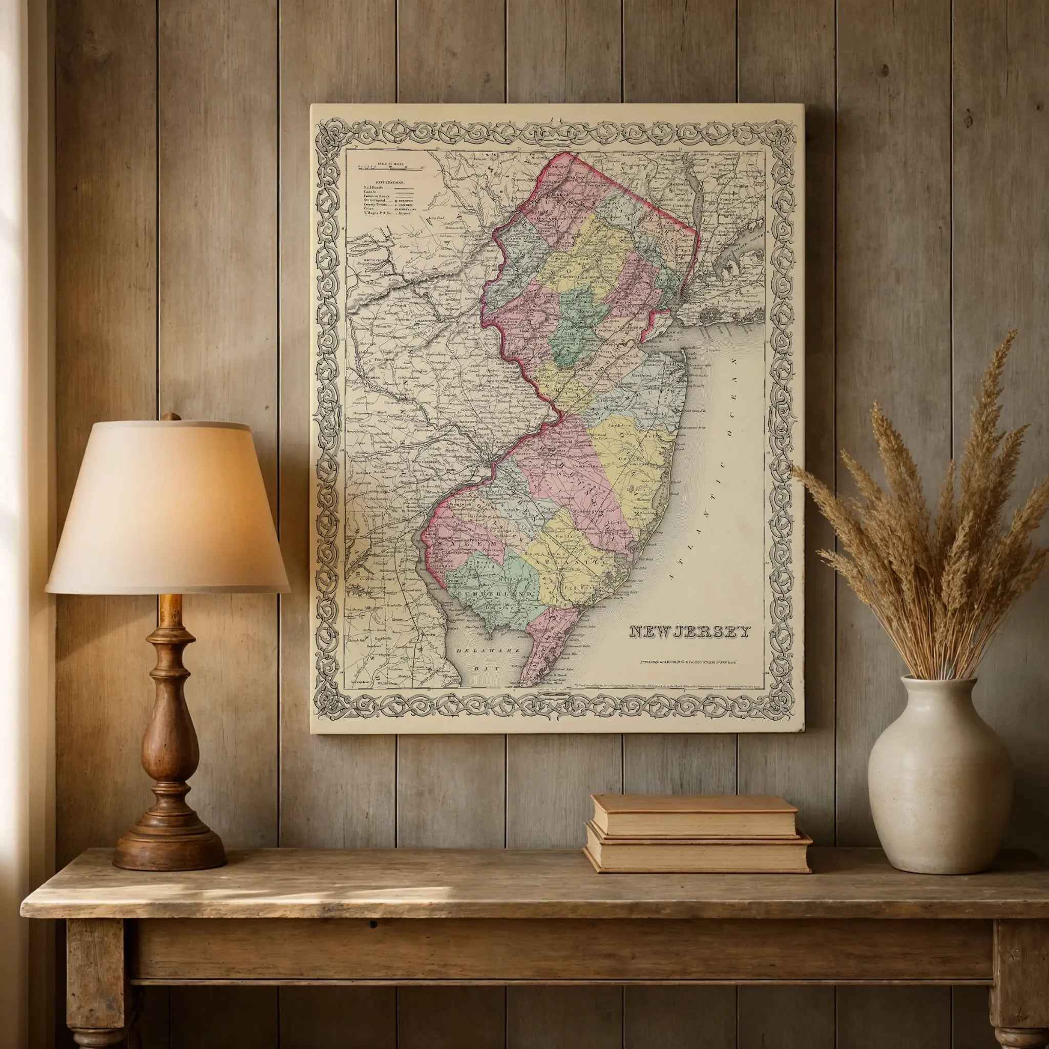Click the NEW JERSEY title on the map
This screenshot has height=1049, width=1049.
689,632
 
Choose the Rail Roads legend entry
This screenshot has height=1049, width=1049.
374,188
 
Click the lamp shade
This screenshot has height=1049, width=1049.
167,508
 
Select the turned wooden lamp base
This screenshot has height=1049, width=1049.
170,749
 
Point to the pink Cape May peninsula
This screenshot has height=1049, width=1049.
546,646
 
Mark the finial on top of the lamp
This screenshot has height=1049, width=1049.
171,417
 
